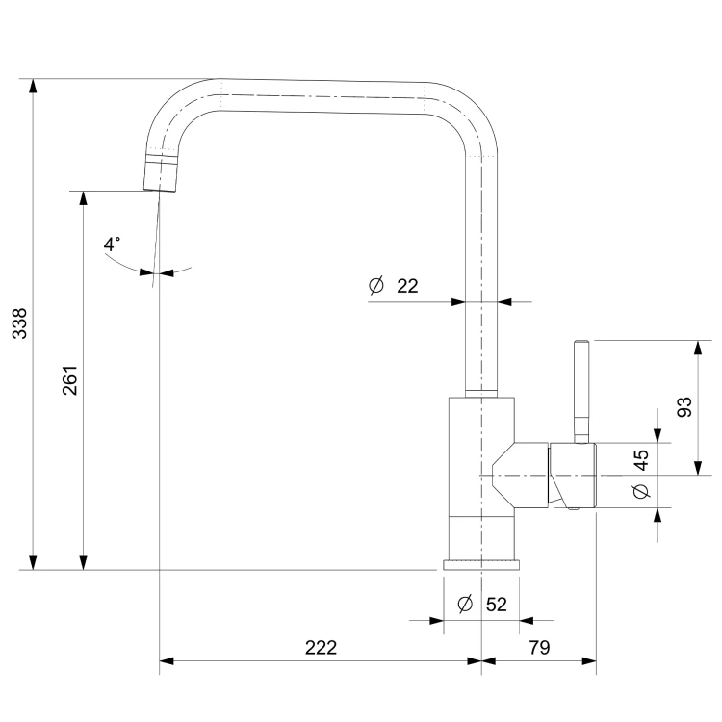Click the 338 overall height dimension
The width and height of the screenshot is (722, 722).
[x=20, y=323]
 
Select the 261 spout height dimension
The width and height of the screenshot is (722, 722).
[x=70, y=380]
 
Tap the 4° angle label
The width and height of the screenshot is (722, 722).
[x=112, y=245]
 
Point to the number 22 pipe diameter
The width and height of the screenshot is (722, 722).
[x=407, y=286]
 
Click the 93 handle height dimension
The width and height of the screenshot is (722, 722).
[x=684, y=407]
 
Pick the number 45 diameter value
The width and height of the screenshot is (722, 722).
[x=640, y=460]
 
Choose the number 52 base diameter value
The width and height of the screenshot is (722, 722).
[x=497, y=605]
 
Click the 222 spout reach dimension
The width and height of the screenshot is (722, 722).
[x=321, y=648]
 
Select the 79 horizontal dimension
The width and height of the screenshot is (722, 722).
[x=539, y=648]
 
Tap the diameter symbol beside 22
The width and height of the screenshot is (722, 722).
[x=376, y=286]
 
